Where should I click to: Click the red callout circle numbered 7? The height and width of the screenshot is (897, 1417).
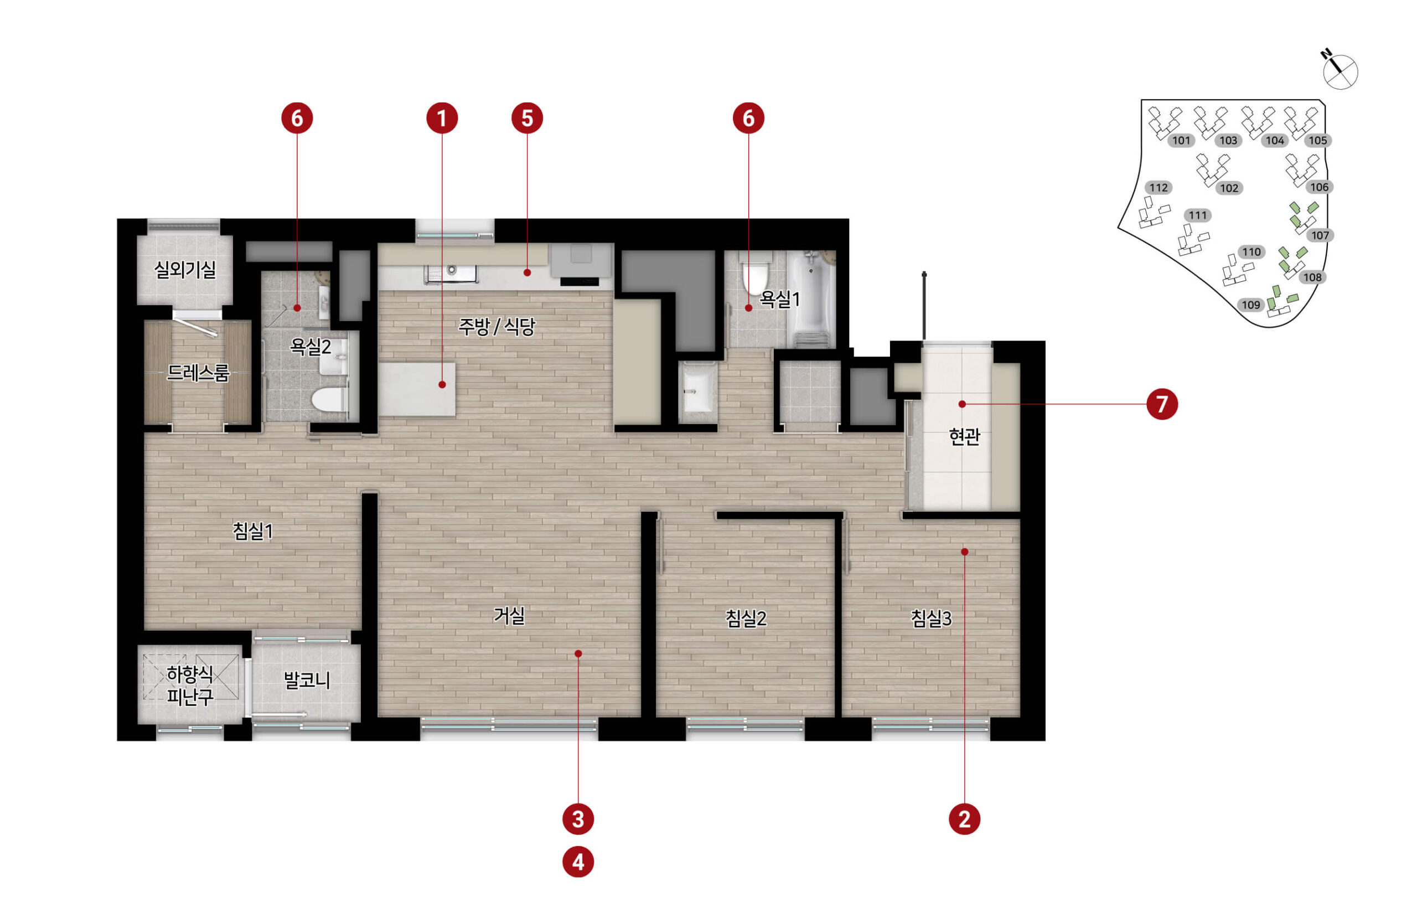1162,404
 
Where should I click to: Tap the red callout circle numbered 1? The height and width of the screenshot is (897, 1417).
442,118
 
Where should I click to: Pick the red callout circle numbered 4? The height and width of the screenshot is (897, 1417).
578,862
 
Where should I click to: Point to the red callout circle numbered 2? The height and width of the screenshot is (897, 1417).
964,819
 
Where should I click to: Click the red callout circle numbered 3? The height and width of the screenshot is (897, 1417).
578,819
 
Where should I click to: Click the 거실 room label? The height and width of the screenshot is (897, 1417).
509,616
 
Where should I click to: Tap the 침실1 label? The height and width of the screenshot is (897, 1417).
253,532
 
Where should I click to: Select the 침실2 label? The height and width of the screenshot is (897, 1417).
746,618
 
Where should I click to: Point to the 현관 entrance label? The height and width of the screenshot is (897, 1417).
964,437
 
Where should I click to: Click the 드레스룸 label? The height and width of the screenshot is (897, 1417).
197,373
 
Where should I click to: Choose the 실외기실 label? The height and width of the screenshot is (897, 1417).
185,270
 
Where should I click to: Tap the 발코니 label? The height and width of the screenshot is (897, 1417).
307,681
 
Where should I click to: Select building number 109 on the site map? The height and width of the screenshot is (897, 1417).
1250,305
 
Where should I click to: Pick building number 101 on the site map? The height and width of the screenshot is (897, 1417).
1181,141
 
